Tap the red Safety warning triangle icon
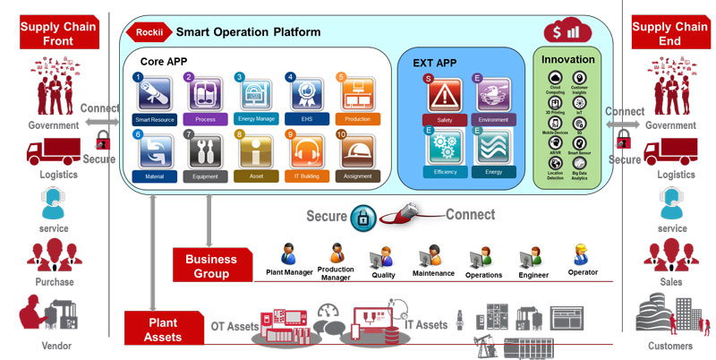pos(444,95)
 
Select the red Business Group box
pos(212,266)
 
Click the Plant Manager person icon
pos(288,253)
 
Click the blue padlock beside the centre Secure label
pos(362,217)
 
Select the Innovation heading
pos(567,60)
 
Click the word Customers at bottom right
pos(670,346)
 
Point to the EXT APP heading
pos(434,64)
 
